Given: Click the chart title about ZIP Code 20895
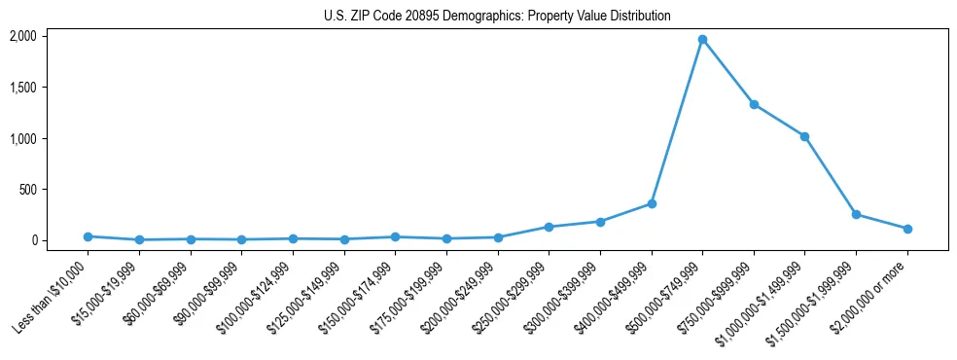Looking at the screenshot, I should pyautogui.click(x=497, y=17).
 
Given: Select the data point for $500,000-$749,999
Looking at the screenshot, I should pyautogui.click(x=702, y=40).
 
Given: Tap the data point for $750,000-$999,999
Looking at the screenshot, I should pyautogui.click(x=754, y=104).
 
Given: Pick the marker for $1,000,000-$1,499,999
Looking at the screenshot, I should pyautogui.click(x=804, y=136).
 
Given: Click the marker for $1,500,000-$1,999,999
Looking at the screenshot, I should pyautogui.click(x=856, y=214).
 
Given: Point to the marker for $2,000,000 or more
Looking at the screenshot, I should pyautogui.click(x=907, y=229).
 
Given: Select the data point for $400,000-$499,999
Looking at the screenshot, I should pyautogui.click(x=652, y=203).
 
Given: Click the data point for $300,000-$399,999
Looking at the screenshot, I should pyautogui.click(x=600, y=222).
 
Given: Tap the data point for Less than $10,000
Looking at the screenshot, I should pyautogui.click(x=89, y=236).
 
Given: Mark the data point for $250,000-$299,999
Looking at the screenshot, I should pyautogui.click(x=549, y=227).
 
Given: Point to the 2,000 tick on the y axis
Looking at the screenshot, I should pyautogui.click(x=22, y=36).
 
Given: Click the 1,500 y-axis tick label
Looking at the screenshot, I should pyautogui.click(x=22, y=88).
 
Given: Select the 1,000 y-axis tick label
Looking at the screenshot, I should pyautogui.click(x=22, y=138).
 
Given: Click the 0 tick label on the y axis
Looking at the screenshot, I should pyautogui.click(x=33, y=240).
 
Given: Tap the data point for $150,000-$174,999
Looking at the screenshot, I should pyautogui.click(x=395, y=236).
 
